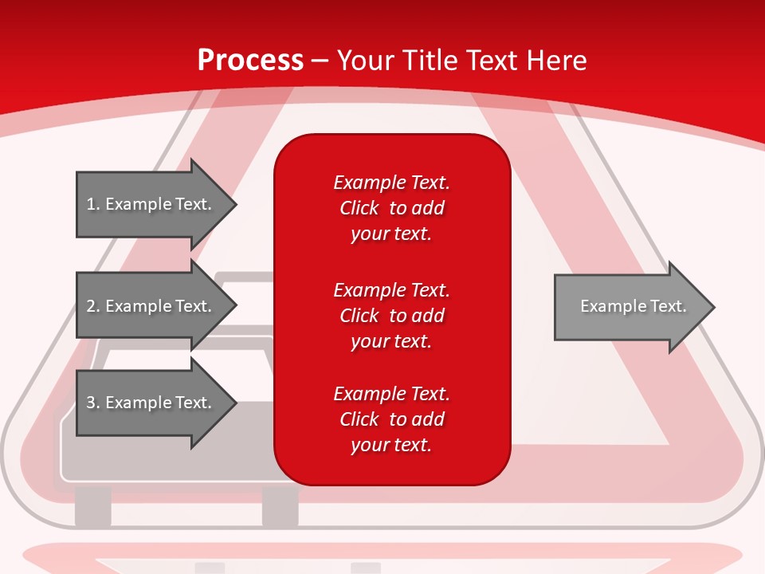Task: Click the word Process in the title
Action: pos(251,61)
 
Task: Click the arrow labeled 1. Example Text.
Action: pos(156,204)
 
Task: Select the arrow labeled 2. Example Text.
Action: pos(156,305)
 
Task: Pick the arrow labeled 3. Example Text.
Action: pos(156,402)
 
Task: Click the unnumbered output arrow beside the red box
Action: pos(634,307)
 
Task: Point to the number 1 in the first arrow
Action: pos(91,204)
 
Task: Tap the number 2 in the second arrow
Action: pos(92,306)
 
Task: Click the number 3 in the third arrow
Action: pos(92,402)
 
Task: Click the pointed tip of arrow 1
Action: pos(237,204)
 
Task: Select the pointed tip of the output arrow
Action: pos(715,307)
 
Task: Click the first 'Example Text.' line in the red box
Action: pos(391,183)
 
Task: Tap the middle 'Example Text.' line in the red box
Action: pos(391,290)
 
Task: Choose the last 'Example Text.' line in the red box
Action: pos(391,394)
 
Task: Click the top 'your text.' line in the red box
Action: pos(391,234)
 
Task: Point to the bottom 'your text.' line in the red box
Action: pos(391,445)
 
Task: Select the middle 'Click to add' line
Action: pos(392,316)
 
